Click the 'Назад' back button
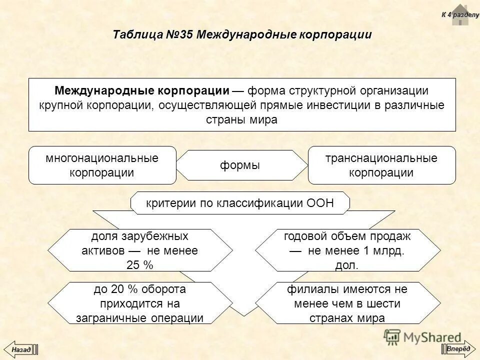(21, 348)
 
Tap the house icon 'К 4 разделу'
(459, 15)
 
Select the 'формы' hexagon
(240, 165)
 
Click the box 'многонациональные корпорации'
(102, 165)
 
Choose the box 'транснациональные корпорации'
(381, 165)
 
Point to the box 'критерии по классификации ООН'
(239, 202)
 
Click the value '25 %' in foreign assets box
(140, 265)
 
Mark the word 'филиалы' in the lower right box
(307, 289)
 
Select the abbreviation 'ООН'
(319, 202)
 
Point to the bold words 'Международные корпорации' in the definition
(142, 91)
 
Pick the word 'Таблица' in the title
(136, 35)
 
